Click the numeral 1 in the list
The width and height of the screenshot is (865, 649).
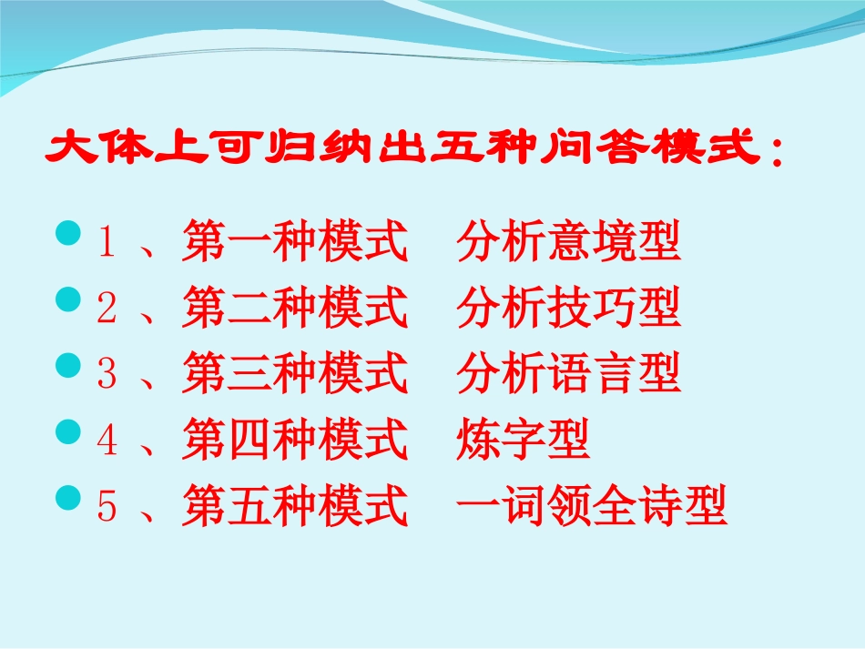[x=107, y=243]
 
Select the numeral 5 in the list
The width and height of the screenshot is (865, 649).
[x=107, y=508]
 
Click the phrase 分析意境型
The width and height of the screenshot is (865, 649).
[x=569, y=243]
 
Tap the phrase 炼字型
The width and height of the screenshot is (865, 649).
[x=524, y=441]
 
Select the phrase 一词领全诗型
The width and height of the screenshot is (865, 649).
[x=592, y=508]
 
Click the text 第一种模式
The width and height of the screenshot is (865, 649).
[x=294, y=243]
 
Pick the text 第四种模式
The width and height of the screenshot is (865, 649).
[x=294, y=441]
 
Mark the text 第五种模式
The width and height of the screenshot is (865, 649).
[x=294, y=508]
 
